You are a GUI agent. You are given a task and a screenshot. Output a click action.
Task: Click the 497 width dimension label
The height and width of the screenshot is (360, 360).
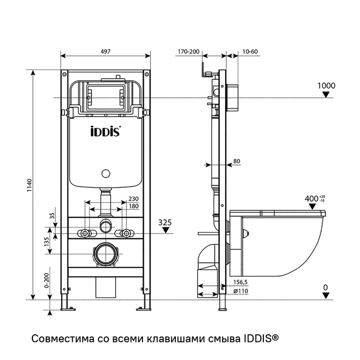click(106, 51)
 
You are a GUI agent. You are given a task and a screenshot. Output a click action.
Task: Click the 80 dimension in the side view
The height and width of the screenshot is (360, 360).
click(237, 161)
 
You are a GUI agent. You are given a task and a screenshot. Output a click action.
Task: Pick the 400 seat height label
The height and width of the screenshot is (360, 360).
click(312, 199)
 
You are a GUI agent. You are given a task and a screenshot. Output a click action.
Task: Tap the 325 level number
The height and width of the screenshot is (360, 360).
click(166, 222)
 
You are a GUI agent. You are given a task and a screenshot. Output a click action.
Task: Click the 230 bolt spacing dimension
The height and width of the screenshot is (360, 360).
click(133, 199)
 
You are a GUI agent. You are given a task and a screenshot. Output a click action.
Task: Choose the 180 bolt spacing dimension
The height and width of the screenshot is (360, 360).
click(133, 206)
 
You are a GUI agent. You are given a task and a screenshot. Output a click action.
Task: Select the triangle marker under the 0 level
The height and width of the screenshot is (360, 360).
click(326, 295)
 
